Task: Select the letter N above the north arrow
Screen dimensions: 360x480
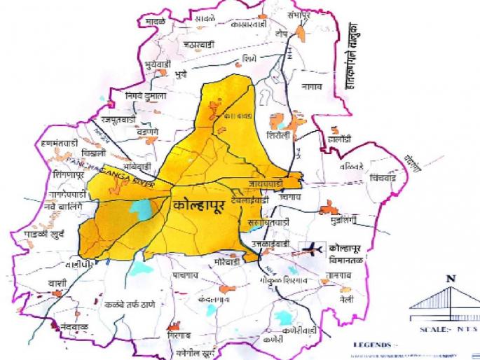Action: [451, 279]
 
